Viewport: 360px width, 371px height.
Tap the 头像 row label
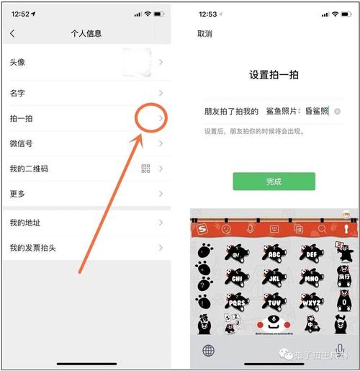point(17,63)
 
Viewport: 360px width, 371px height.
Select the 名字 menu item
point(17,94)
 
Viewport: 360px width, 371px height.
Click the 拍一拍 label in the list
point(21,119)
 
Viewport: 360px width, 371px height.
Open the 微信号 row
point(21,143)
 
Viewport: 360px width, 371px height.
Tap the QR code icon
point(146,169)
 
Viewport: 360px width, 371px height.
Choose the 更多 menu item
point(17,194)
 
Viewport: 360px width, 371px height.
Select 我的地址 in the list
point(25,223)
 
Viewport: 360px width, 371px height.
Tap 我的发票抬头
point(33,249)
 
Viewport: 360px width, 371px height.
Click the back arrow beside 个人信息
point(12,34)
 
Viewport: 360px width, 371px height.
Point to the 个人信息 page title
point(86,34)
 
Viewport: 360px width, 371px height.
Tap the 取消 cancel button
point(205,34)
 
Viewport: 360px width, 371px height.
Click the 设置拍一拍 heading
point(274,75)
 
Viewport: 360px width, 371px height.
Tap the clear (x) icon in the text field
point(337,112)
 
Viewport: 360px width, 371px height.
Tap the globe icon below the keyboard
point(208,351)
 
